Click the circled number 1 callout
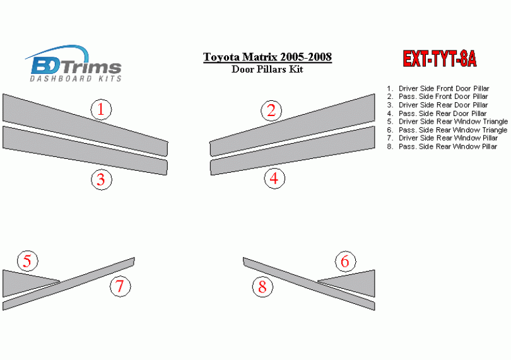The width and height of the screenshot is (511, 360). [101, 109]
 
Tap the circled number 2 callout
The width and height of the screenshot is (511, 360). [271, 110]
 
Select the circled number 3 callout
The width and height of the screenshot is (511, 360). [102, 180]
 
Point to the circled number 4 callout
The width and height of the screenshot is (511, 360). [274, 178]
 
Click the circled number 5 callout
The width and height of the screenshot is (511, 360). [27, 261]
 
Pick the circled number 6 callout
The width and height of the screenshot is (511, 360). [345, 261]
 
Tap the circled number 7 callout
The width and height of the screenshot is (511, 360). [120, 286]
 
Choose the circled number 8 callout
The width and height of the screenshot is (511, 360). [262, 287]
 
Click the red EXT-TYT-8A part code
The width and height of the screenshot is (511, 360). [440, 59]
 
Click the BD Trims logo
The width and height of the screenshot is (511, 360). [73, 64]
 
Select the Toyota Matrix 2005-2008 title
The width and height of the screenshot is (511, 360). [267, 57]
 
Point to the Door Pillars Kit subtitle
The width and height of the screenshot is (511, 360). [267, 69]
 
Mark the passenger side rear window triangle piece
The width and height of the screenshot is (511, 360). [355, 282]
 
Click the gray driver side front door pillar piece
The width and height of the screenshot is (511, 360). [85, 125]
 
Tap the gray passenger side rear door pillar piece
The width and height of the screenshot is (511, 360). [292, 151]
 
